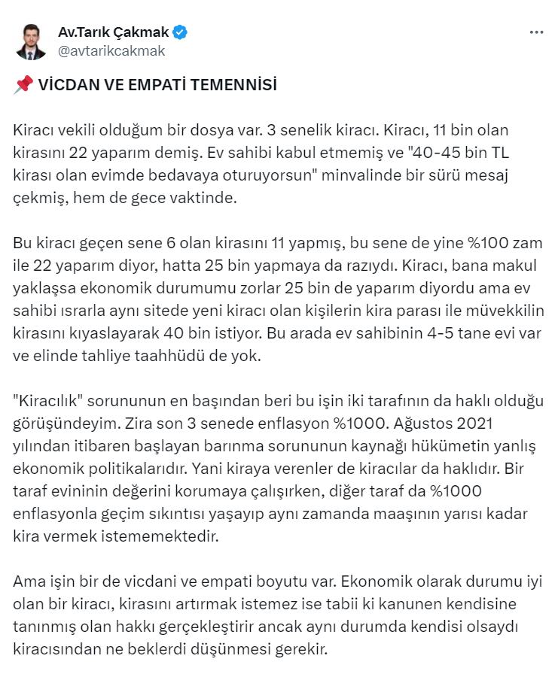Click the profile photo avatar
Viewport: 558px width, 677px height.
[31, 41]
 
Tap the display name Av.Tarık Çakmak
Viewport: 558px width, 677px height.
[113, 32]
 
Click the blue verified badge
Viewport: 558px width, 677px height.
[181, 32]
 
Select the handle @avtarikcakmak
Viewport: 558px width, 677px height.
[111, 51]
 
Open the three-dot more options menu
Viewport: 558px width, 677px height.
[536, 33]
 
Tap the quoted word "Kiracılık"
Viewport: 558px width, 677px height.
[49, 402]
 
